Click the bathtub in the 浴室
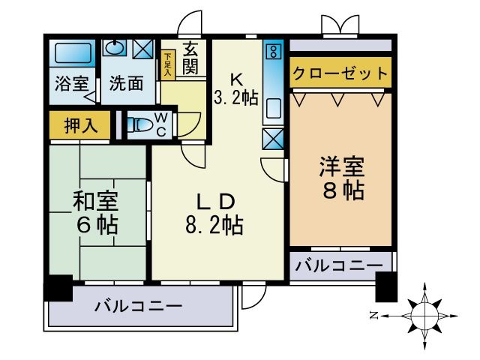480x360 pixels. (x=73, y=52)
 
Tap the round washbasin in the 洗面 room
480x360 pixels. (x=115, y=48)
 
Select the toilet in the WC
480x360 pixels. (x=140, y=124)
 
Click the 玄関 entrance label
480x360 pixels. (x=190, y=58)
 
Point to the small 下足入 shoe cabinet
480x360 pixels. (x=168, y=65)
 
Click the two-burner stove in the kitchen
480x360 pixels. (x=273, y=51)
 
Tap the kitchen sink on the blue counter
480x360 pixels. (x=273, y=108)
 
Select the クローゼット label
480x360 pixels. (x=340, y=73)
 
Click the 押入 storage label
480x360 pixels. (x=81, y=125)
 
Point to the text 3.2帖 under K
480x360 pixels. (x=236, y=97)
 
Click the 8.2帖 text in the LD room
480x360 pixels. (x=214, y=225)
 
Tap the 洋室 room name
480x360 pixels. (x=342, y=166)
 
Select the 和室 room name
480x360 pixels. (x=95, y=200)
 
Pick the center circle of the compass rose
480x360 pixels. (x=424, y=315)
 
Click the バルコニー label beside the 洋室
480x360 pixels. (x=339, y=265)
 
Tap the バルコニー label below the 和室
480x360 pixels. (x=138, y=306)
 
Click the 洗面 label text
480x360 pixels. (x=126, y=83)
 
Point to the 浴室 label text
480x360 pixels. (x=72, y=83)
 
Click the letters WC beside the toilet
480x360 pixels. (x=161, y=124)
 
